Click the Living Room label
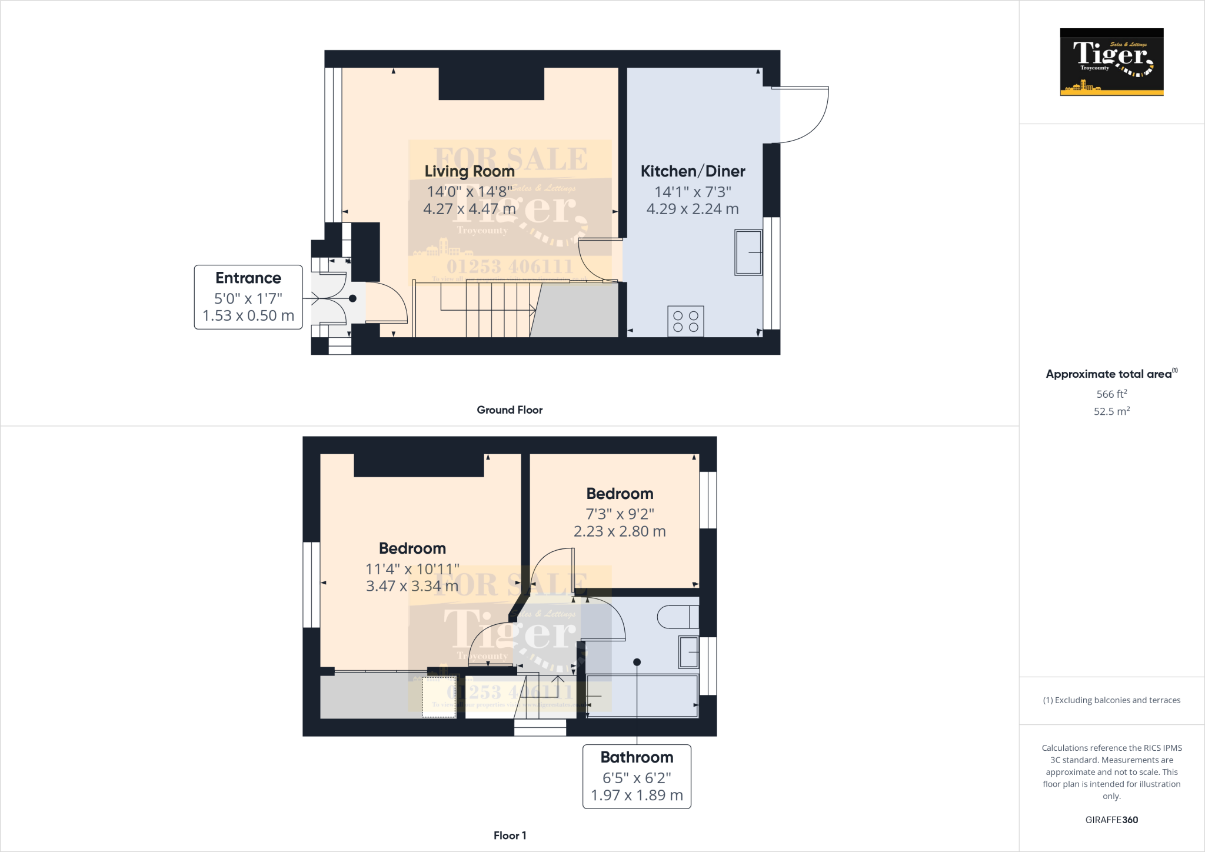coord(470,171)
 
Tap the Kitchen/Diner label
coord(693,171)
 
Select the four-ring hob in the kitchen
coord(685,321)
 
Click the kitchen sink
coord(748,252)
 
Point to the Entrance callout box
coord(248,297)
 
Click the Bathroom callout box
coord(637,777)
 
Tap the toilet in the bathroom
coord(677,617)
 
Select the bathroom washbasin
coord(688,652)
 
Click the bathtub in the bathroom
coord(642,696)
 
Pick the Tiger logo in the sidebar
coord(1111,62)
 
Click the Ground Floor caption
coord(510,410)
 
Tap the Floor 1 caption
coord(510,836)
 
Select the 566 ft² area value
coord(1111,394)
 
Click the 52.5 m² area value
coord(1111,411)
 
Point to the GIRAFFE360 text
coord(1111,820)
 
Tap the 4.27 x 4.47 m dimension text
coord(470,209)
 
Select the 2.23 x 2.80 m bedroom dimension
coord(620,531)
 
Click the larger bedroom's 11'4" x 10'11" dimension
coord(412,569)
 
